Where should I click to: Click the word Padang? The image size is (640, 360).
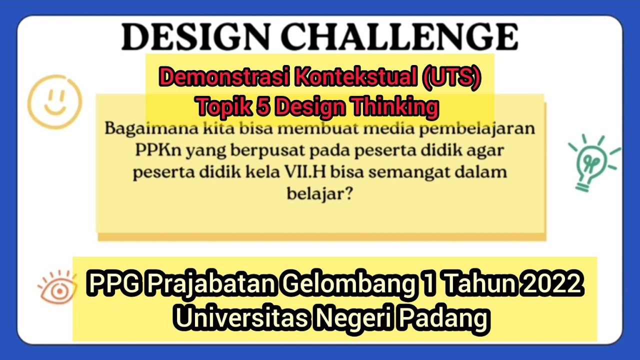[449, 318]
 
